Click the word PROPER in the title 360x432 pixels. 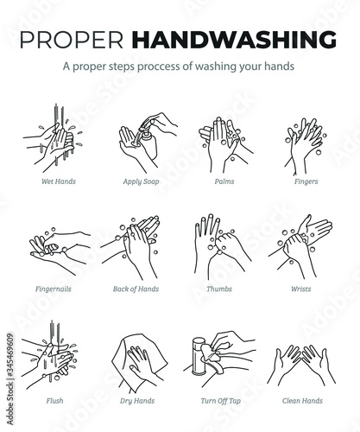[x=72, y=39]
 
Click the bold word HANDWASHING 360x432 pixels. [x=234, y=39]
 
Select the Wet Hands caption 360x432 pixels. [x=59, y=181]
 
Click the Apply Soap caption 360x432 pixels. [x=141, y=181]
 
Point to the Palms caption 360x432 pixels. [x=224, y=181]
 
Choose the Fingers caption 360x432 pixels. [x=306, y=181]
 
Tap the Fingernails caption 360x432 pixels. [x=54, y=289]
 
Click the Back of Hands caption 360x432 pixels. [x=136, y=289]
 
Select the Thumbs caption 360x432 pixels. [x=219, y=289]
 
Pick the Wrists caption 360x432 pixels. [x=301, y=289]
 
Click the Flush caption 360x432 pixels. [x=54, y=401]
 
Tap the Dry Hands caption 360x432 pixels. [x=137, y=401]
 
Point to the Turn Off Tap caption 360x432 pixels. [x=221, y=401]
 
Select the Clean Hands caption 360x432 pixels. [x=302, y=401]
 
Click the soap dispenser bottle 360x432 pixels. [x=148, y=144]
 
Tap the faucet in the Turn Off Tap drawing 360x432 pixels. [x=198, y=356]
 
